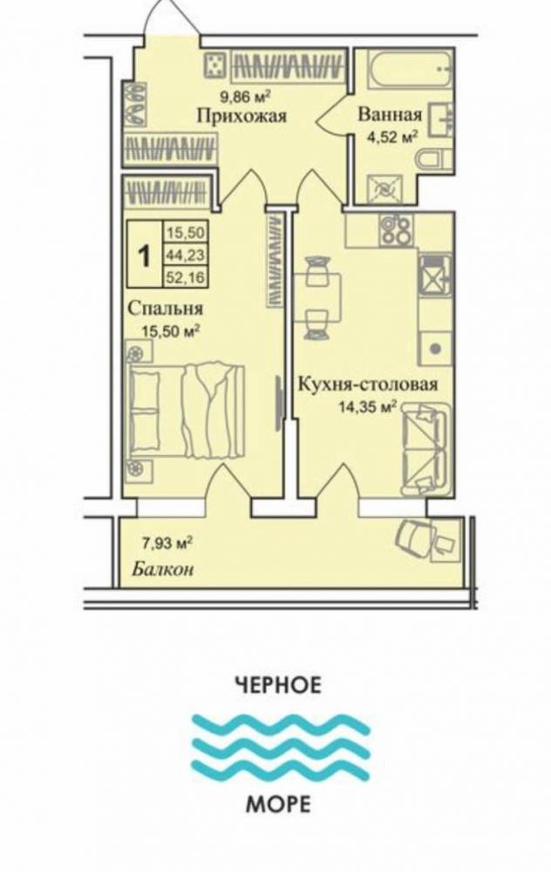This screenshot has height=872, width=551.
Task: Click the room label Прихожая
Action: click(241, 116)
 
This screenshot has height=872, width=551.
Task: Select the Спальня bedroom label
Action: click(165, 308)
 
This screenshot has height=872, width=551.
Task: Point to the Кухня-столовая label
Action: click(368, 385)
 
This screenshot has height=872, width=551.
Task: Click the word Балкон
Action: click(163, 569)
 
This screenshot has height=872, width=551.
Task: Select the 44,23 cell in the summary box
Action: click(186, 255)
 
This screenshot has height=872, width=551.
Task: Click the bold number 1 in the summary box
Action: click(145, 256)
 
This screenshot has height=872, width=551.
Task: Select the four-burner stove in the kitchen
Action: click(396, 229)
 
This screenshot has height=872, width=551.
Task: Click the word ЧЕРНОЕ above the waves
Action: click(279, 684)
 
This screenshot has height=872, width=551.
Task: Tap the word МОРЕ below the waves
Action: click(278, 804)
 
